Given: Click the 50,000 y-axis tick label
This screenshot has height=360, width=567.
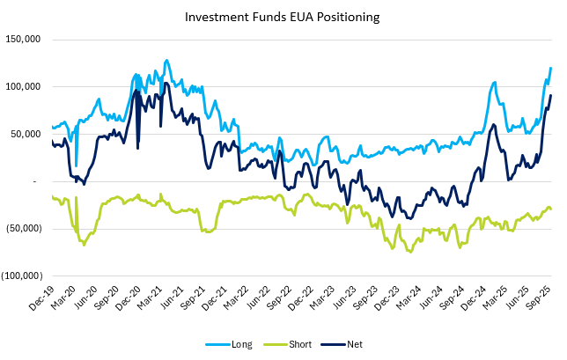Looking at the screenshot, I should pos(27,134).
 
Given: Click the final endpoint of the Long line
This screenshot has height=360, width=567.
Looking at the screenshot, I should pos(551,68).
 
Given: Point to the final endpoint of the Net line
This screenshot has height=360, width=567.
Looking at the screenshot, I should pos(551,95).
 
